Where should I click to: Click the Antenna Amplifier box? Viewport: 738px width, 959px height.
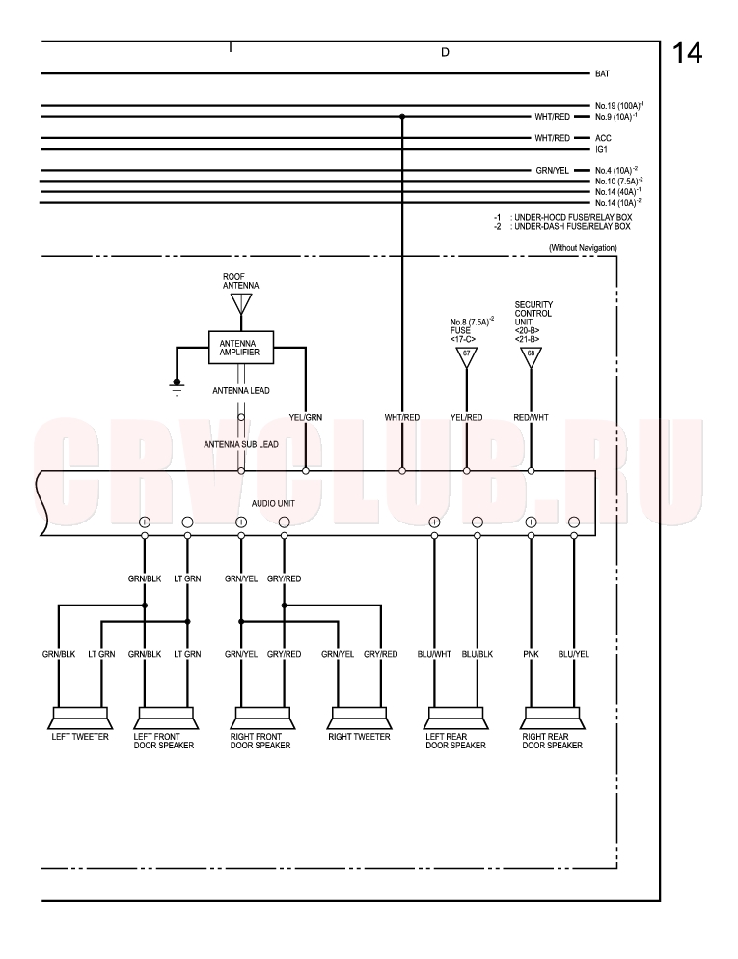pyautogui.click(x=241, y=348)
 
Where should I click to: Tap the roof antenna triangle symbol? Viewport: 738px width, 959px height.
pyautogui.click(x=241, y=303)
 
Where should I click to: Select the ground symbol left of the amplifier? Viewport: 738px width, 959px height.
pyautogui.click(x=177, y=388)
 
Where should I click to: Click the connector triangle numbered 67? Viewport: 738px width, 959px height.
pyautogui.click(x=467, y=357)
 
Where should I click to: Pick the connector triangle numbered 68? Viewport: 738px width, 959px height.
pyautogui.click(x=531, y=357)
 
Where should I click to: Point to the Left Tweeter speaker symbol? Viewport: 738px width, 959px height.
pyautogui.click(x=80, y=718)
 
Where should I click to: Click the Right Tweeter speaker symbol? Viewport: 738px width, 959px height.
pyautogui.click(x=359, y=718)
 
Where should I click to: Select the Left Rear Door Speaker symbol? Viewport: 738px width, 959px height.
pyautogui.click(x=455, y=718)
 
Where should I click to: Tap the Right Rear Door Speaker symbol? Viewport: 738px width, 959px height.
pyautogui.click(x=552, y=718)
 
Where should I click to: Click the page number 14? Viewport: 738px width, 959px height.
pyautogui.click(x=687, y=53)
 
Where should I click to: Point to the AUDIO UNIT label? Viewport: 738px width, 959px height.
pyautogui.click(x=273, y=503)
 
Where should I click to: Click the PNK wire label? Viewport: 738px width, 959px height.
pyautogui.click(x=531, y=654)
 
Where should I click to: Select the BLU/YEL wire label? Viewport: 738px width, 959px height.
pyautogui.click(x=574, y=654)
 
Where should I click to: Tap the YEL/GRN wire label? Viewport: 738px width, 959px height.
pyautogui.click(x=306, y=418)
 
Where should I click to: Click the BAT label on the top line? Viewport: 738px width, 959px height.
pyautogui.click(x=602, y=74)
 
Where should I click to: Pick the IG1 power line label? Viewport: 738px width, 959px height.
pyautogui.click(x=601, y=150)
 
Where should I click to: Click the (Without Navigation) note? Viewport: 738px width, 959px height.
pyautogui.click(x=583, y=247)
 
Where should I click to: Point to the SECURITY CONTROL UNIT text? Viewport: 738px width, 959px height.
pyautogui.click(x=533, y=313)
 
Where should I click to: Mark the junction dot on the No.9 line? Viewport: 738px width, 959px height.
pyautogui.click(x=402, y=116)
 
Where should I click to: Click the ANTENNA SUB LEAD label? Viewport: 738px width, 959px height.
pyautogui.click(x=241, y=444)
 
